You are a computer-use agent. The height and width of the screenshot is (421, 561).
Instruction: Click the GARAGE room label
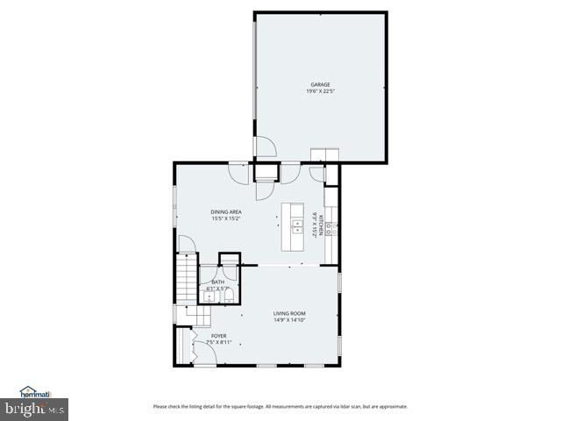click(319, 84)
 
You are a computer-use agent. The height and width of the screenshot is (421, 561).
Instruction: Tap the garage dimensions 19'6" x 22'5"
click(319, 91)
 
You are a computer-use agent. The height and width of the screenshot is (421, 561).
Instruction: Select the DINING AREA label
click(226, 212)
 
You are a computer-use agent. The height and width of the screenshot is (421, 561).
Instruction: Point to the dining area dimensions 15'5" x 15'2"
click(226, 219)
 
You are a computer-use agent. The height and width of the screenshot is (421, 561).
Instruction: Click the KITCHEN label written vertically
click(322, 225)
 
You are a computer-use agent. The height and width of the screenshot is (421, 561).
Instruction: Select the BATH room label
click(217, 282)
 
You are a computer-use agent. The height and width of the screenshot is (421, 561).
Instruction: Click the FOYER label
click(217, 335)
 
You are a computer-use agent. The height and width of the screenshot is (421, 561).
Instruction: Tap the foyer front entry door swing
click(201, 353)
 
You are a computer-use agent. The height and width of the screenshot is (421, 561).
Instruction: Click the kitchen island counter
click(293, 229)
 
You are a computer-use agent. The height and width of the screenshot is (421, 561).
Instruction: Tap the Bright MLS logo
click(35, 408)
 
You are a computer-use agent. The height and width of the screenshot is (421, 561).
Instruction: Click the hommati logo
click(37, 392)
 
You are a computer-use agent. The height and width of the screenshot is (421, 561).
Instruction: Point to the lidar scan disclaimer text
click(280, 406)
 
